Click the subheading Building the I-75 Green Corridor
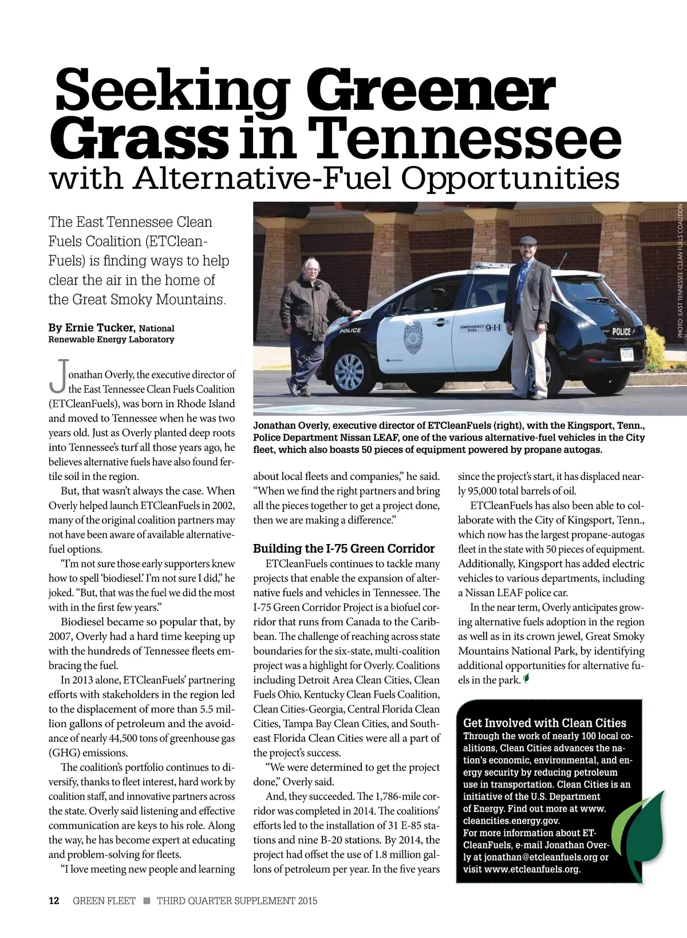pos(344,549)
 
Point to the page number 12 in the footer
pos(54,901)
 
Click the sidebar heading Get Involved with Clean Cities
pos(544,723)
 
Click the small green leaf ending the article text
pos(526,680)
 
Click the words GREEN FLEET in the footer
pos(104,901)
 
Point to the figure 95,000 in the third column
pos(484,491)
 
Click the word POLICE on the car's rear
pos(621,332)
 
